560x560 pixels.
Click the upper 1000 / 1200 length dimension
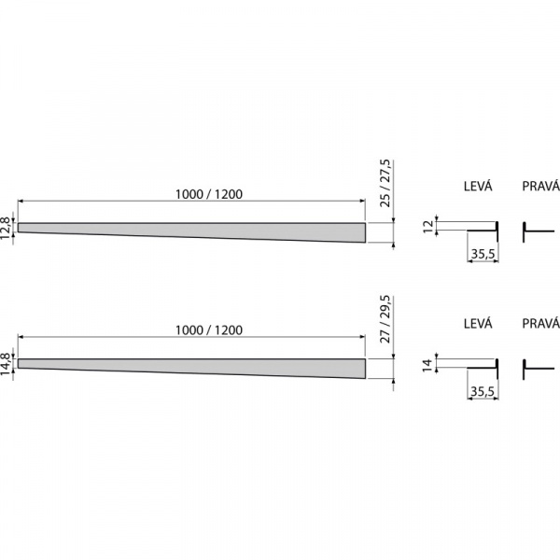[209, 194]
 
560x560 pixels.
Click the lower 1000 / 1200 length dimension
[209, 330]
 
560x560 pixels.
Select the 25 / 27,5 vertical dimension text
[385, 183]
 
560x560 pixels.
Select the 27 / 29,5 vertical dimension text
[385, 319]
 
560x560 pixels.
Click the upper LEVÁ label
[478, 186]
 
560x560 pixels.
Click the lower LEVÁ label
[478, 323]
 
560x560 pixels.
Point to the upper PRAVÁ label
[540, 186]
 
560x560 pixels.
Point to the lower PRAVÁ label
[540, 323]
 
